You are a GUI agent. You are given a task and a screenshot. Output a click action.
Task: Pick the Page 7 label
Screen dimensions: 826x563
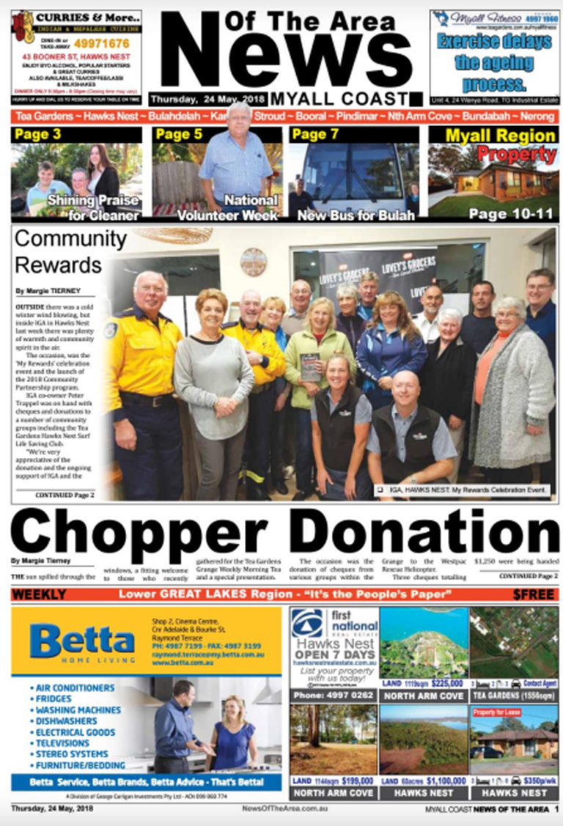pos(314,134)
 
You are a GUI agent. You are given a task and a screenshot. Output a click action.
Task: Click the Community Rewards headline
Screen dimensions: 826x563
pos(70,251)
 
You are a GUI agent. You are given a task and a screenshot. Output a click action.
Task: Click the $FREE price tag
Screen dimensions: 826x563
pos(534,594)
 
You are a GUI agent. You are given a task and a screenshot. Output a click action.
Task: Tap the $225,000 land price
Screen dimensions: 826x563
pos(446,683)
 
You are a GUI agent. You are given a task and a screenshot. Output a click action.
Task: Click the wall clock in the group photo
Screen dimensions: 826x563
pos(254,262)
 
